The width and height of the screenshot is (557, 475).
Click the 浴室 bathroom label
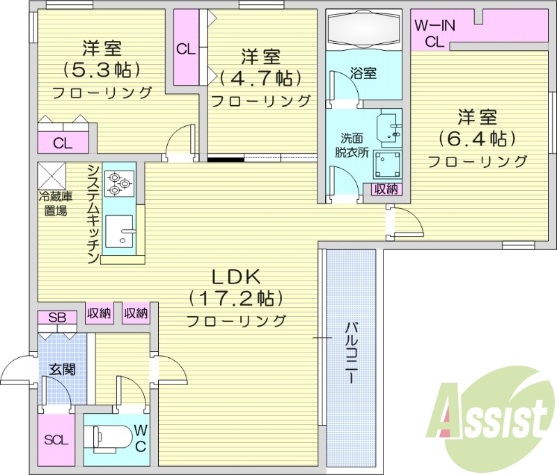(x=363, y=72)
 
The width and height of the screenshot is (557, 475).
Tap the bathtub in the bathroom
(x=363, y=29)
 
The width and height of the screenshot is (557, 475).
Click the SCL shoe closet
(x=56, y=439)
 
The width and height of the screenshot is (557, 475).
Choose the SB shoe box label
(x=57, y=318)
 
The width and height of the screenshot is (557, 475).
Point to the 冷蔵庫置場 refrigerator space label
(x=53, y=203)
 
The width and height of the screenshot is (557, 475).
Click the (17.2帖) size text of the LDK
(x=235, y=299)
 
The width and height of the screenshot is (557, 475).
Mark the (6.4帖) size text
(x=476, y=138)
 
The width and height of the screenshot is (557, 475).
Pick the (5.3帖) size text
(x=102, y=69)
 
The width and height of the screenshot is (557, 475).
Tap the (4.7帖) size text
(x=261, y=77)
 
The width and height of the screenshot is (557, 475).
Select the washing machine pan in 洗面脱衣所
(x=387, y=164)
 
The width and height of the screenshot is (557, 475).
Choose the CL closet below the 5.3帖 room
(x=63, y=144)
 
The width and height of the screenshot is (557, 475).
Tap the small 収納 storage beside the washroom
(x=386, y=189)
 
